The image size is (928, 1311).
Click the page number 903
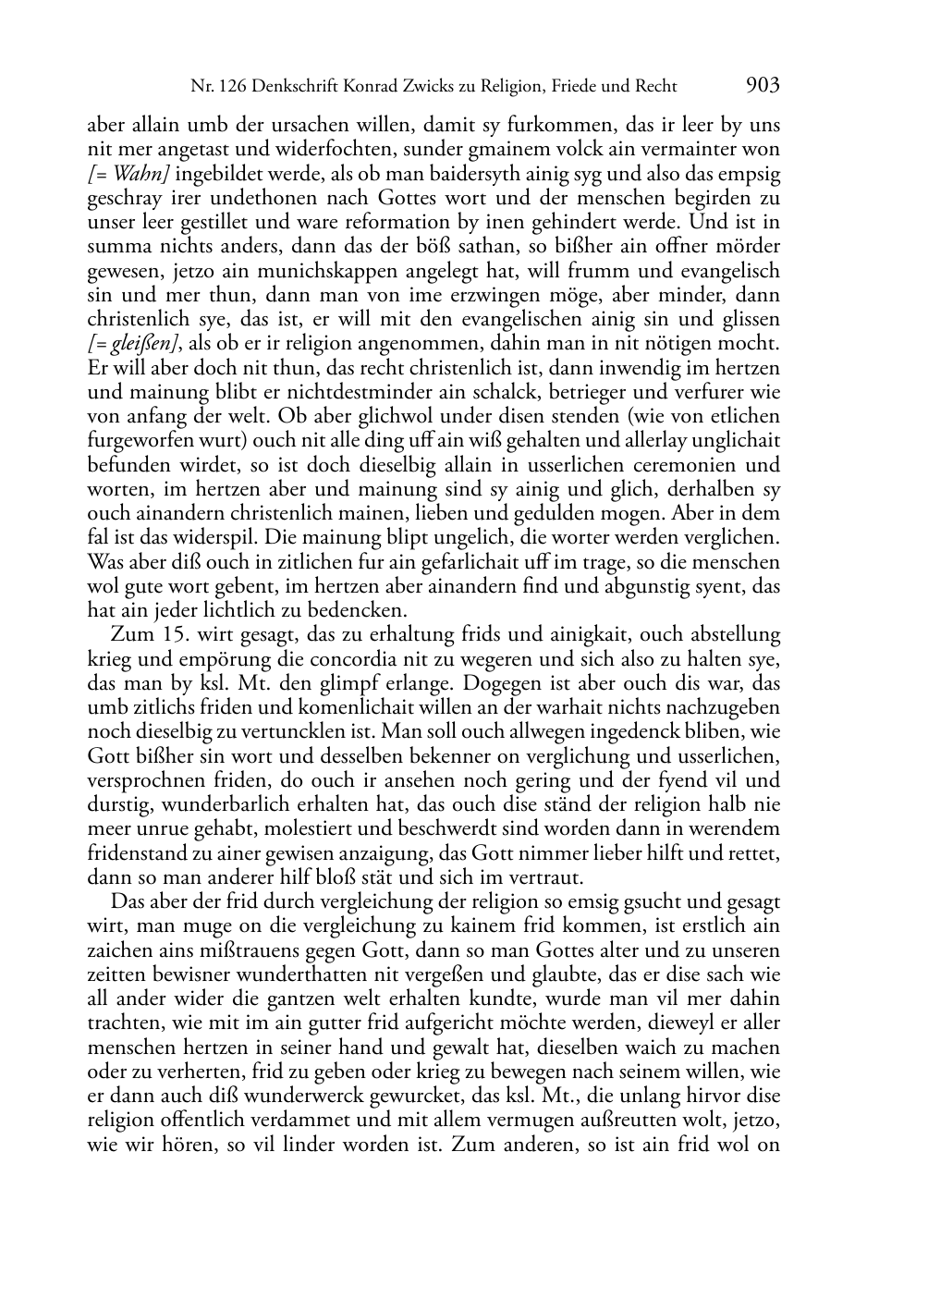762,86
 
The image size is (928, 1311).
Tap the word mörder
750,247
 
